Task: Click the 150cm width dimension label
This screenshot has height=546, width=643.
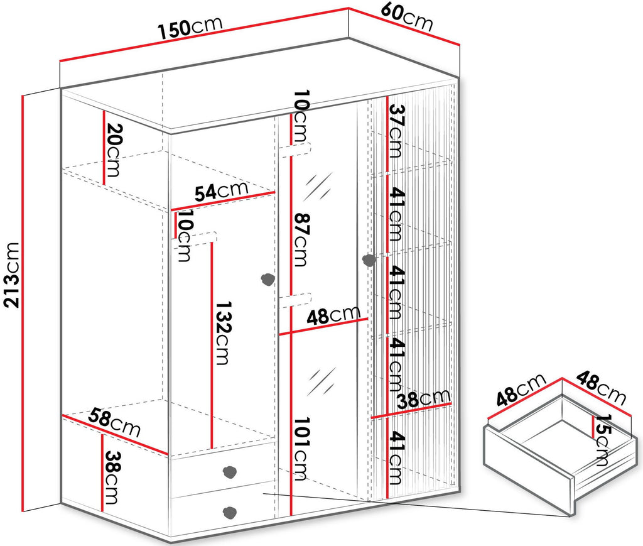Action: (190, 28)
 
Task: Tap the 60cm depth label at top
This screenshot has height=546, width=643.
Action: (406, 17)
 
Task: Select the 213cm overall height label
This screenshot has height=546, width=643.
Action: (11, 275)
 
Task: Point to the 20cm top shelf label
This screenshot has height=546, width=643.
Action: (113, 150)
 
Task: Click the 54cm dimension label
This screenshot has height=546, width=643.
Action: (222, 191)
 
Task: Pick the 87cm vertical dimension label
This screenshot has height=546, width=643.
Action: (301, 240)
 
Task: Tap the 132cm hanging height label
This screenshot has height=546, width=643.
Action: (223, 333)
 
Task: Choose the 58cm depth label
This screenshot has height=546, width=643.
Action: (116, 422)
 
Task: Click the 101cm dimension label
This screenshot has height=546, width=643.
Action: (300, 449)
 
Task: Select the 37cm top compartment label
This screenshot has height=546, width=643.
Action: (396, 131)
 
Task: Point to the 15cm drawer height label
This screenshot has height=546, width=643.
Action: (602, 440)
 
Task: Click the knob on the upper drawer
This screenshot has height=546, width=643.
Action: (229, 471)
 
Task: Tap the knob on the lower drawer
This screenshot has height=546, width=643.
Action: (229, 512)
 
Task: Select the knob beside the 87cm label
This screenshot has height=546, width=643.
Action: (267, 280)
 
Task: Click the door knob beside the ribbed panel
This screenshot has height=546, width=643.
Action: (369, 260)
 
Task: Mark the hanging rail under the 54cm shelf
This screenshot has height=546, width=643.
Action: (195, 241)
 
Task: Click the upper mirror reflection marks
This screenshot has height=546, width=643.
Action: (317, 187)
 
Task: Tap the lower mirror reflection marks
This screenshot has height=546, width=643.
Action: (321, 381)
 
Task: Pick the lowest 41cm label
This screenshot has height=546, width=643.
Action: (396, 458)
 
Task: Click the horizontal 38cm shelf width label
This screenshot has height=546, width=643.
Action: (424, 399)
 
